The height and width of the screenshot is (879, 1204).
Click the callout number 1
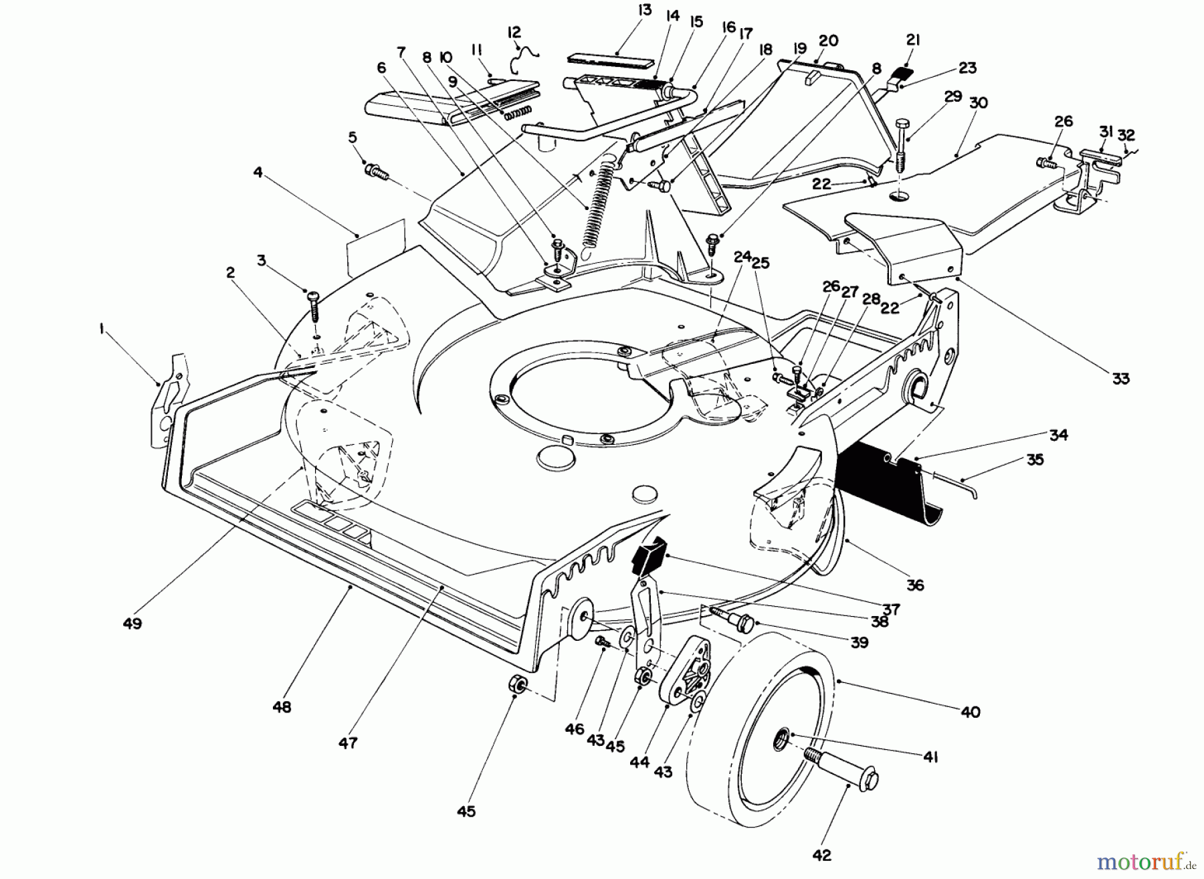(103, 330)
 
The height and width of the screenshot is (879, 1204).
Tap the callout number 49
(132, 623)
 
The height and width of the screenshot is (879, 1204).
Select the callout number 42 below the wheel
(822, 855)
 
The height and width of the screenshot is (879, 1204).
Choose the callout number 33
(1120, 379)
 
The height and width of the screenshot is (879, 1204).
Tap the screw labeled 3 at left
(314, 306)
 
